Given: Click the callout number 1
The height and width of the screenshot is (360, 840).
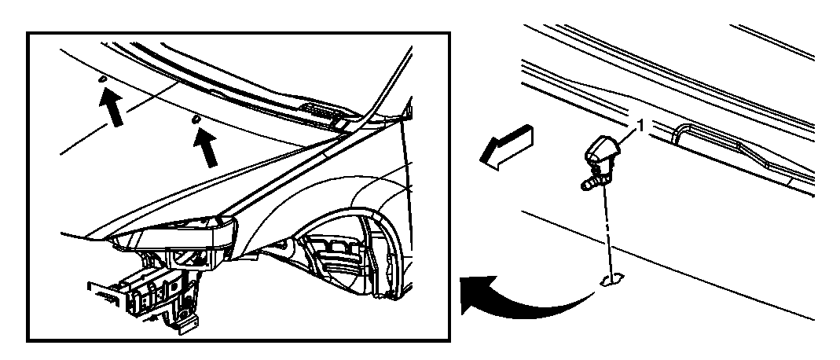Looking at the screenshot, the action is (x=639, y=125).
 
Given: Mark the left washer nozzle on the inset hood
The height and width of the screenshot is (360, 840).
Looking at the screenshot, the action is (x=102, y=79).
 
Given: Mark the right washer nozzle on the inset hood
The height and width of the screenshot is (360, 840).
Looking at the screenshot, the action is (x=196, y=119).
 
